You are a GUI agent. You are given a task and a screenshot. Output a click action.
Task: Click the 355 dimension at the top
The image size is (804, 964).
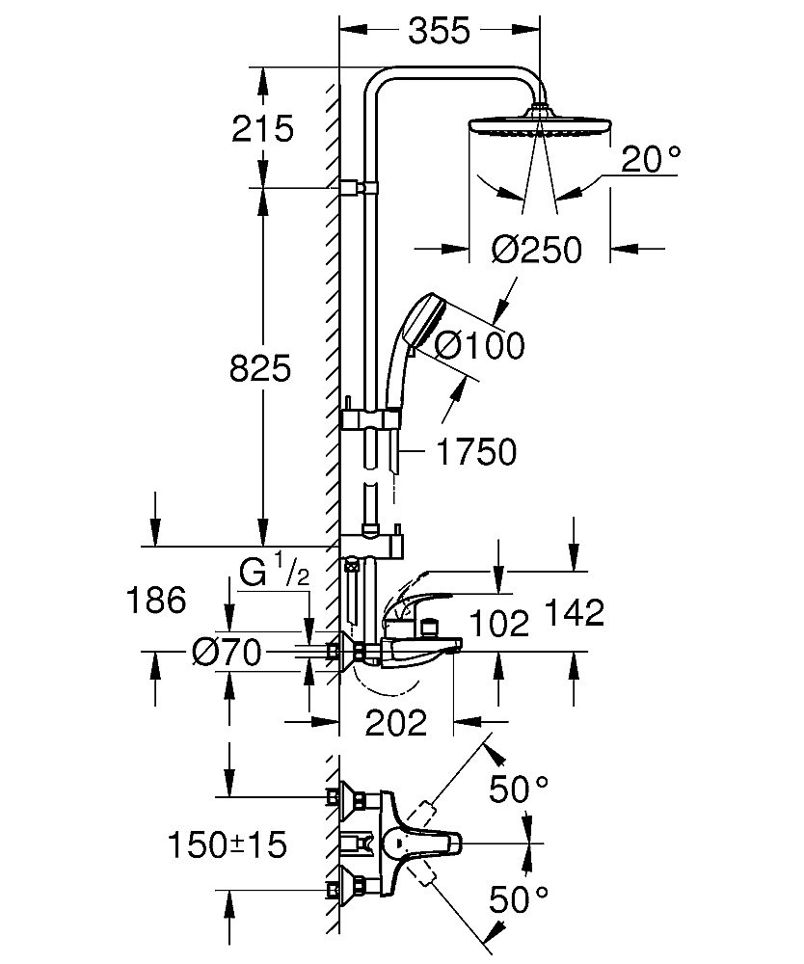click(x=439, y=31)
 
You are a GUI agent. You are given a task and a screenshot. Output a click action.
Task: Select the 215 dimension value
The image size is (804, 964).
click(x=262, y=128)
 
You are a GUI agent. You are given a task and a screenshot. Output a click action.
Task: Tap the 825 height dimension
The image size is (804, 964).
click(x=259, y=368)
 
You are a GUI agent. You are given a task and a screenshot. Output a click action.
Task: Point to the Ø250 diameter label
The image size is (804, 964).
click(x=537, y=251)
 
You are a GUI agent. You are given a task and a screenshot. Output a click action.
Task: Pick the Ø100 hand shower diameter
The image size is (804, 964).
click(x=479, y=345)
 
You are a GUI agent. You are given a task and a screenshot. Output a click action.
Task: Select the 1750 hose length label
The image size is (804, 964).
click(x=476, y=451)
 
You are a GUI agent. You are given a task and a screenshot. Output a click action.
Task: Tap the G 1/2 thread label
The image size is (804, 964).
click(x=274, y=574)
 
